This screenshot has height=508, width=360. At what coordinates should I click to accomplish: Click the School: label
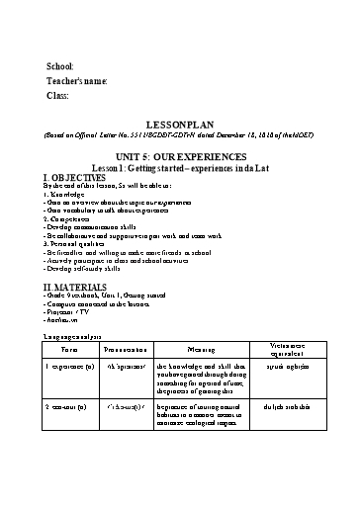click(x=60, y=65)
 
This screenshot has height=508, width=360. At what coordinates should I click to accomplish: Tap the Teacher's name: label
click(x=77, y=80)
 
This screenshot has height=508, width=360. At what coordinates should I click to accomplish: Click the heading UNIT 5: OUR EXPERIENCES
click(x=179, y=156)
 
